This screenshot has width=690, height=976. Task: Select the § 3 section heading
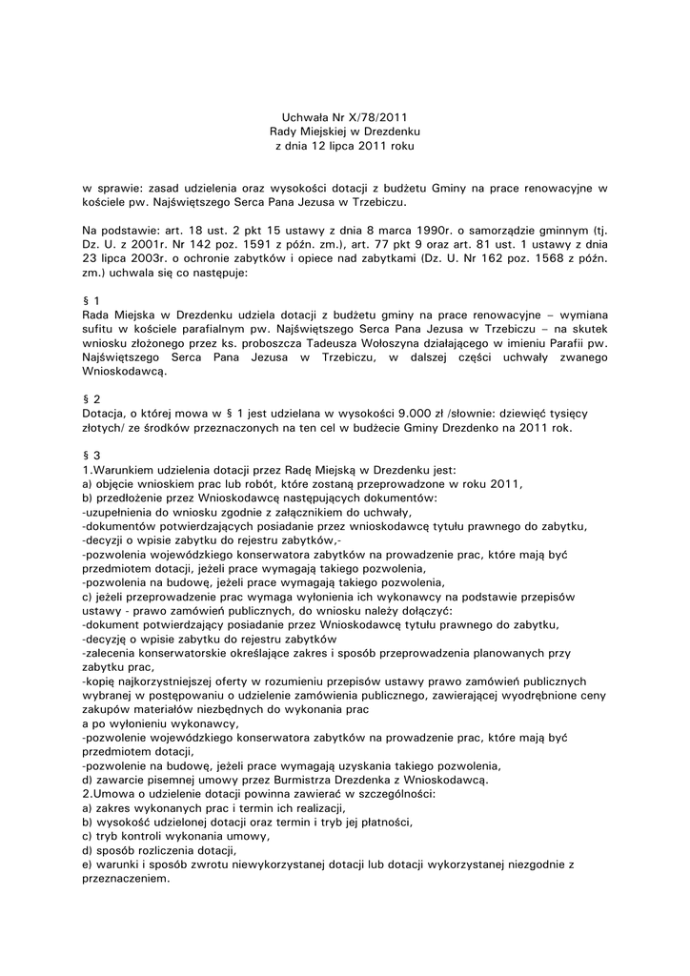pyautogui.click(x=91, y=456)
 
